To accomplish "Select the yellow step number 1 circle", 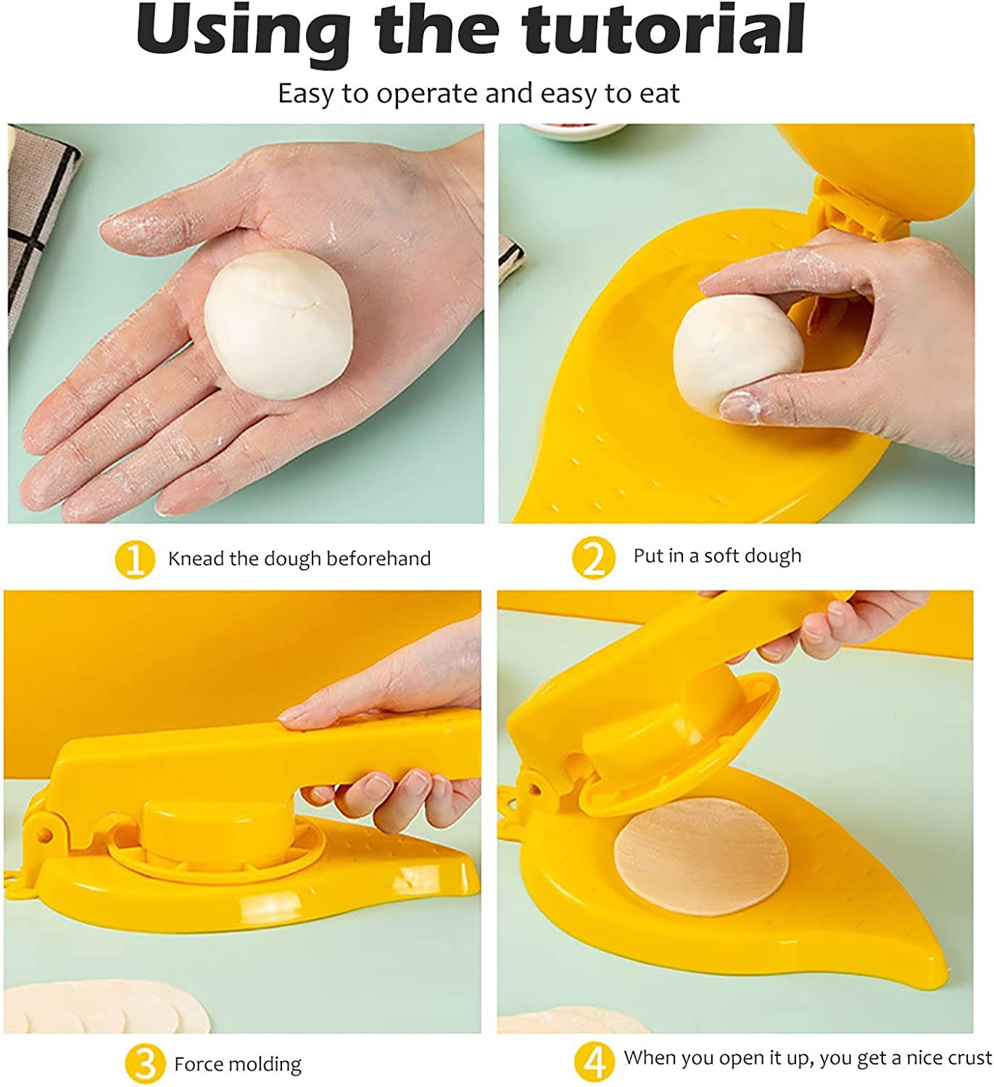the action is coord(134,559).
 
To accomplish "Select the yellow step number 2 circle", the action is coord(593,557).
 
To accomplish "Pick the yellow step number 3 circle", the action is coord(145,1064).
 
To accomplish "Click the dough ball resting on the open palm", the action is coord(278,324).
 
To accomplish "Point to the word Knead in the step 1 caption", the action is coord(196,559).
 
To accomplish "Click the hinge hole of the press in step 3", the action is coord(45,835).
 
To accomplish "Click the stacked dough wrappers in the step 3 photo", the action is coord(105,1007).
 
